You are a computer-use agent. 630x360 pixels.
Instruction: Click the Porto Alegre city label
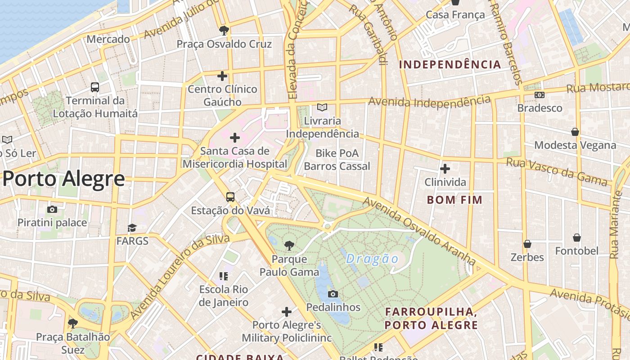tap(63, 179)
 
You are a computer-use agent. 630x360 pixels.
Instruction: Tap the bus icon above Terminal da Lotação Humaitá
tap(94, 87)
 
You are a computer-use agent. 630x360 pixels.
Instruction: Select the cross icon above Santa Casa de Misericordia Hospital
tap(234, 137)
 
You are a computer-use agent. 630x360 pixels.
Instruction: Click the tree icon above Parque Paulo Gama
tap(289, 245)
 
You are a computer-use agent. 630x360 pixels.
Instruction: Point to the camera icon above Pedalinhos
tap(333, 294)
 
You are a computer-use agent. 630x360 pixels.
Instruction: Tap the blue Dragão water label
tap(373, 259)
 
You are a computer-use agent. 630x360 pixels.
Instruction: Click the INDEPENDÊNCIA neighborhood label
tap(450, 64)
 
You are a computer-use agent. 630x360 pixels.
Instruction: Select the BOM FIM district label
tap(454, 200)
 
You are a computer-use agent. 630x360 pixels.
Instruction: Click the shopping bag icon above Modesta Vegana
tap(575, 131)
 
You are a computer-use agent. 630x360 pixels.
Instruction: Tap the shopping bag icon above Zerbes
tap(527, 243)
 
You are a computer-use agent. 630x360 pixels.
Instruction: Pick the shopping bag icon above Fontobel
tap(576, 237)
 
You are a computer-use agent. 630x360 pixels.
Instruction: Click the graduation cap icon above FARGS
tap(132, 228)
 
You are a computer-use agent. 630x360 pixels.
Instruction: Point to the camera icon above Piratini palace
tap(52, 209)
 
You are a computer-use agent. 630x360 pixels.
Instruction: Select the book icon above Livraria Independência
tap(322, 107)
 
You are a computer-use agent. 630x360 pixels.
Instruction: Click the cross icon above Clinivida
tap(445, 169)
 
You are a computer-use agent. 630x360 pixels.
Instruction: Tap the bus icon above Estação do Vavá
tap(230, 197)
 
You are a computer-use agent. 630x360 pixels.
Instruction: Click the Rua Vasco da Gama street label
tap(557, 171)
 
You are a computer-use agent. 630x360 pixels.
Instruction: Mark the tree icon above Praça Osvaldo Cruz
tap(224, 31)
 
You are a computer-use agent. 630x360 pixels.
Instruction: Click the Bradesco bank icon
tap(539, 95)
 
